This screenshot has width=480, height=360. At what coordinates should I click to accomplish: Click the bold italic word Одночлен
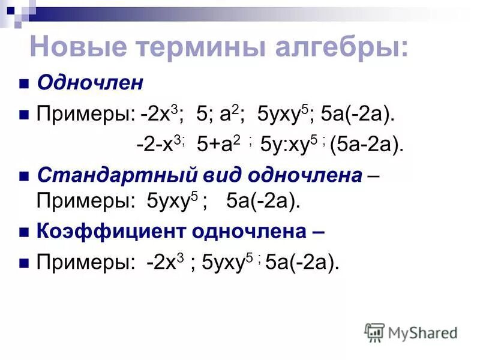point(90,83)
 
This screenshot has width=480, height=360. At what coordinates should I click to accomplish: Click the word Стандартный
point(106,175)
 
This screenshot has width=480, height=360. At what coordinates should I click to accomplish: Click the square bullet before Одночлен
point(24,84)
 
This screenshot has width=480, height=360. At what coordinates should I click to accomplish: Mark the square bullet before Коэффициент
point(24,232)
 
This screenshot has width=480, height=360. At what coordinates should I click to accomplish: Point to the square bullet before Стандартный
point(24,176)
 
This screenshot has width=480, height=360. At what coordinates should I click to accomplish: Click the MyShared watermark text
point(423,332)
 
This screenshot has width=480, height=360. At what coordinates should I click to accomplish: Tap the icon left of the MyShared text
point(374,332)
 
